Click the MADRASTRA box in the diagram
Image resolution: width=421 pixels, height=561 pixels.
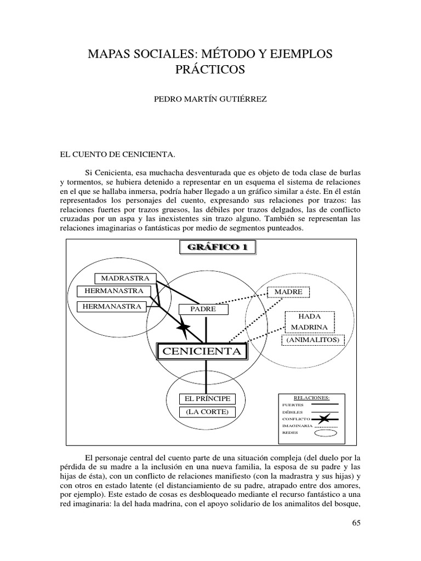tap(125, 278)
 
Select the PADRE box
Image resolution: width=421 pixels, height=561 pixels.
tap(203, 309)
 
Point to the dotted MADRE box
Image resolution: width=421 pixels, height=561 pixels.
tap(288, 292)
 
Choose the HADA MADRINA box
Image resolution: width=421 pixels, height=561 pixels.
tap(309, 322)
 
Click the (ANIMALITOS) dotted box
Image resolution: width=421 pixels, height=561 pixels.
tap(312, 341)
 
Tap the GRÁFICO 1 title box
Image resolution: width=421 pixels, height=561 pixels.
tap(218, 248)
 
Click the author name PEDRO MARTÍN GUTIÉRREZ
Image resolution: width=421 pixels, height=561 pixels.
tap(210, 101)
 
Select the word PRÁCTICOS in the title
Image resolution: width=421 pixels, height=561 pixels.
tap(210, 70)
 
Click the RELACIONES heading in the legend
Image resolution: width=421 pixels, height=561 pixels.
tap(312, 397)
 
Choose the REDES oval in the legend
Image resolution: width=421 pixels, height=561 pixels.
tap(326, 433)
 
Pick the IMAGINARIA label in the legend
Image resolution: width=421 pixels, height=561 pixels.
tap(297, 425)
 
